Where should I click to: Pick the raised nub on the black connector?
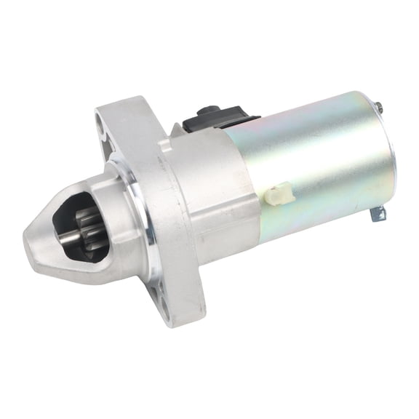point(205,109)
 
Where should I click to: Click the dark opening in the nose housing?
point(80,218)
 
